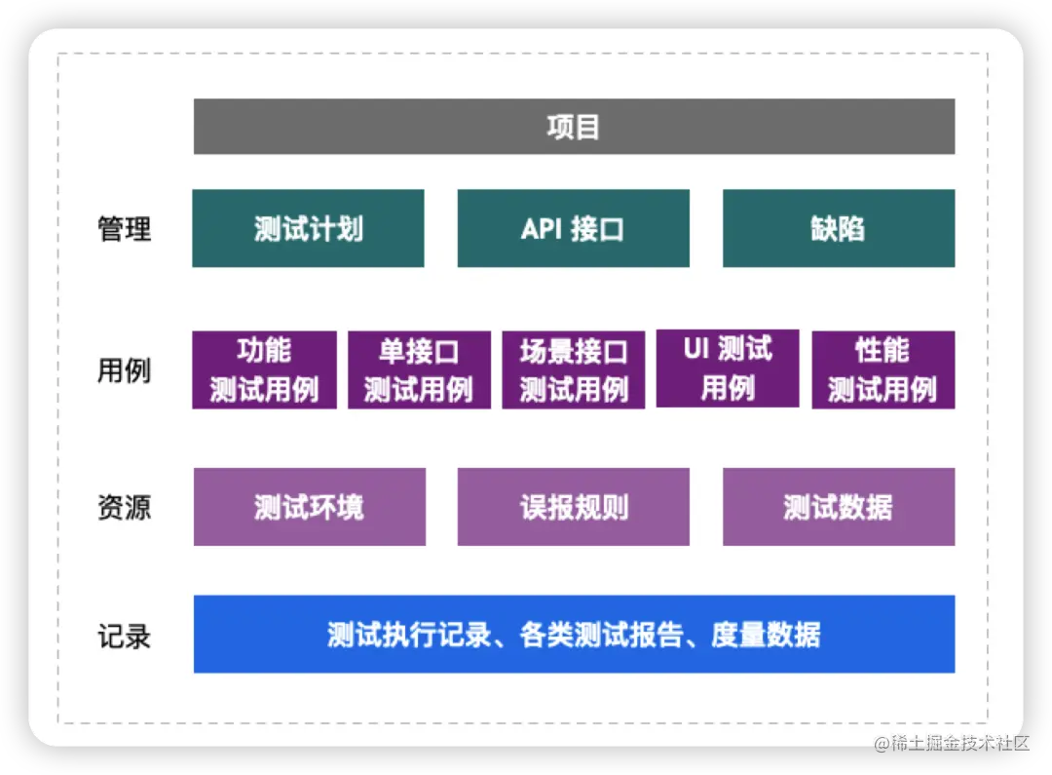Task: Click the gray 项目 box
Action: coord(574,127)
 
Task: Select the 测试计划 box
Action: coord(308,228)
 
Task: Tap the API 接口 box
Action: coord(573,228)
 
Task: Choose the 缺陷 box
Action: coord(839,228)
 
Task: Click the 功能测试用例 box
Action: coord(264,369)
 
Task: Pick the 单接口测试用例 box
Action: coord(419,369)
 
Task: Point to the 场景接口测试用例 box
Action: coord(573,369)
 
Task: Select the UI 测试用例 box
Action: coord(728,368)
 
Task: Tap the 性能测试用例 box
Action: coord(883,369)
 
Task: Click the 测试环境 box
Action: coord(309,507)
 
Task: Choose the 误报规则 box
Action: coord(573,507)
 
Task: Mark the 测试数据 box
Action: coord(839,507)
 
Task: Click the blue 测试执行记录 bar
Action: coord(574,634)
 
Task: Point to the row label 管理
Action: coord(125,229)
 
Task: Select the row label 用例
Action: coord(125,370)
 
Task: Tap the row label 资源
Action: coord(125,508)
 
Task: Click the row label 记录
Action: coord(125,636)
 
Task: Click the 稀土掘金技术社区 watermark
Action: coord(951,742)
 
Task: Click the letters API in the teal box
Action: coord(542,229)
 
